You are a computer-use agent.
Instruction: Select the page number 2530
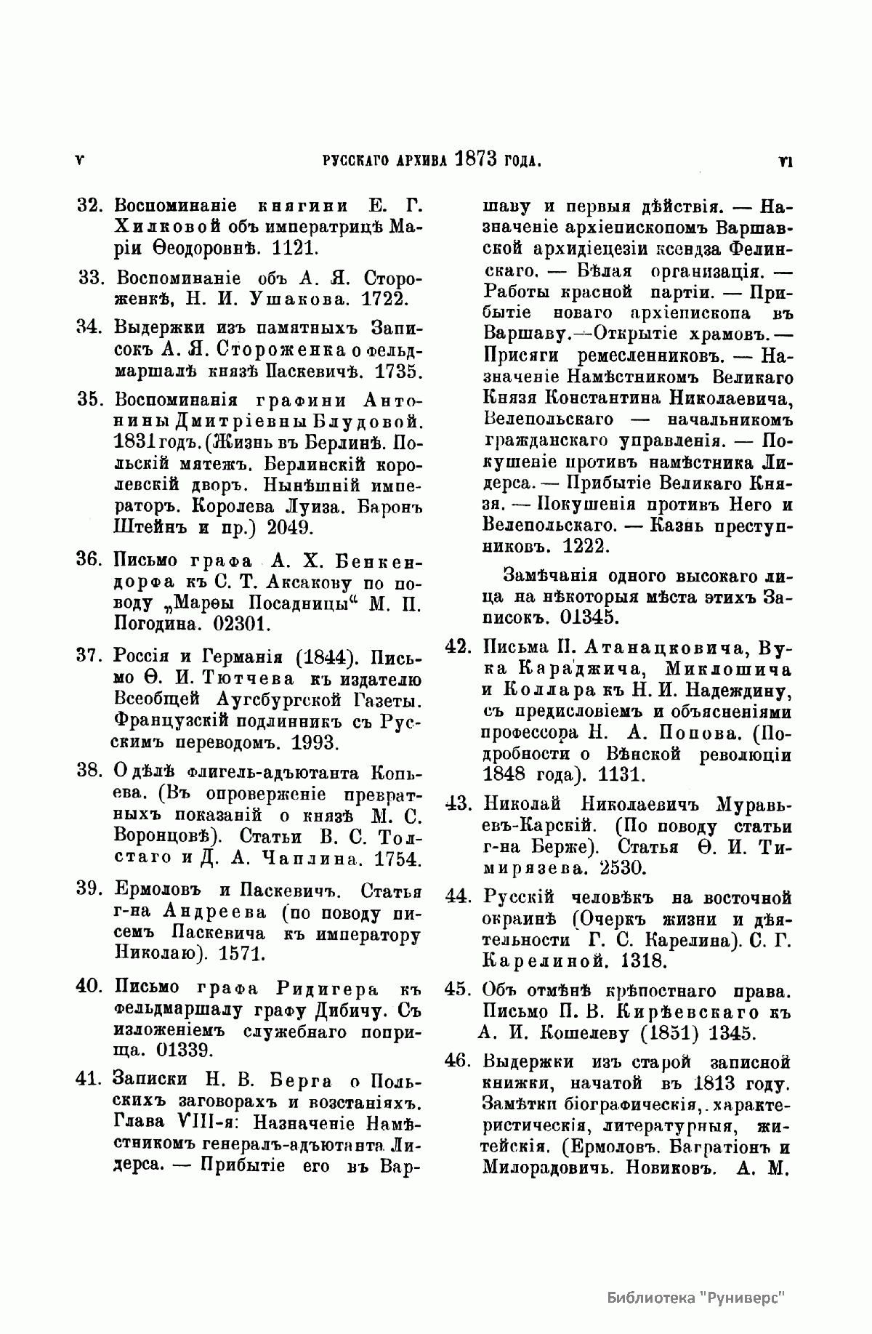pos(623,868)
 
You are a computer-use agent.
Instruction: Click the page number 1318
pos(644,961)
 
